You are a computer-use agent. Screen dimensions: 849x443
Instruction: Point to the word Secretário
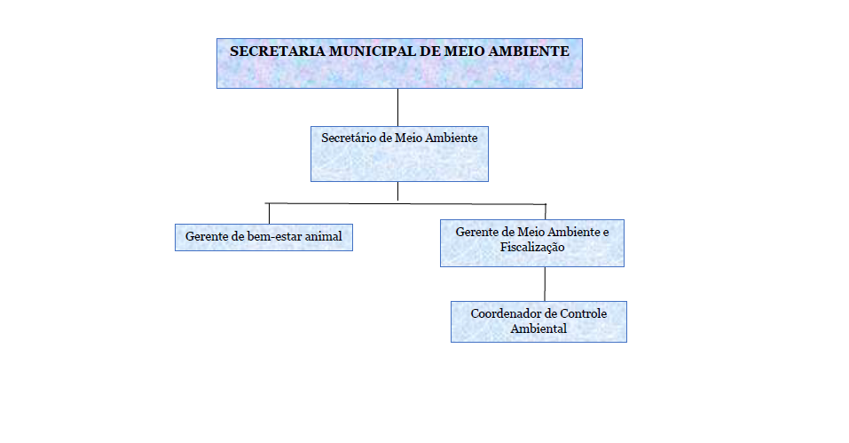click(350, 138)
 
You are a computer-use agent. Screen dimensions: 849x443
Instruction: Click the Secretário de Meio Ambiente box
click(399, 154)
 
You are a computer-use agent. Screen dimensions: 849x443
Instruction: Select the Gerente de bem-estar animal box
click(263, 237)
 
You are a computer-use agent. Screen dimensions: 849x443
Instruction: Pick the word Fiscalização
click(532, 248)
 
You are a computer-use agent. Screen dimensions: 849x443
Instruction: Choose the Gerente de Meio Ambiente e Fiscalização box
click(532, 243)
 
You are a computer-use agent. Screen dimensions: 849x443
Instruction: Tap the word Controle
click(583, 314)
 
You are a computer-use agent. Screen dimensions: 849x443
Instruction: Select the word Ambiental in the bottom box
click(538, 328)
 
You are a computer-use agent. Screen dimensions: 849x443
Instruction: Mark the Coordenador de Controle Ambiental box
click(538, 321)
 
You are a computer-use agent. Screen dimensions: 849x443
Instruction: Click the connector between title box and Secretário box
click(398, 107)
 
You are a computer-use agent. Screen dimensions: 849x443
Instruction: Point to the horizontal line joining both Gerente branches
click(405, 203)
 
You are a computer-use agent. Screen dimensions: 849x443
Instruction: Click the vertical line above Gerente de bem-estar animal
click(269, 214)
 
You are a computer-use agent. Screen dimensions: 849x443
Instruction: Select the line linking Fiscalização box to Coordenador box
click(545, 284)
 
